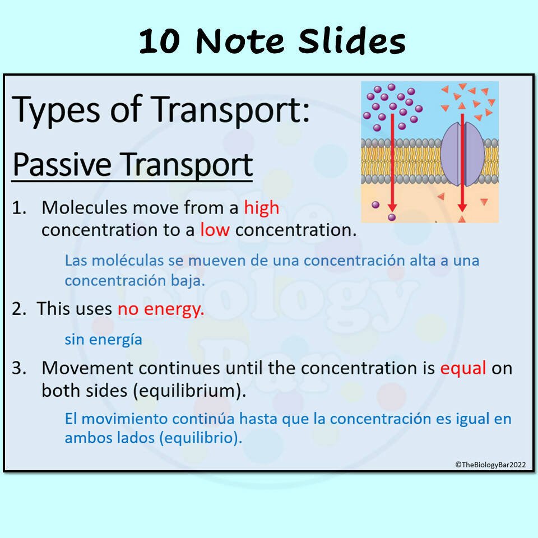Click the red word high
(x=261, y=208)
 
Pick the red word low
(x=215, y=230)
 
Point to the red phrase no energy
(x=161, y=309)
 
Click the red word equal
(x=462, y=368)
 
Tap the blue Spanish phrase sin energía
(x=103, y=339)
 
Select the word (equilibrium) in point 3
(x=189, y=391)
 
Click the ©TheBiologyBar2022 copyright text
(x=490, y=464)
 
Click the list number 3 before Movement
(x=20, y=368)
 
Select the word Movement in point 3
(x=87, y=368)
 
